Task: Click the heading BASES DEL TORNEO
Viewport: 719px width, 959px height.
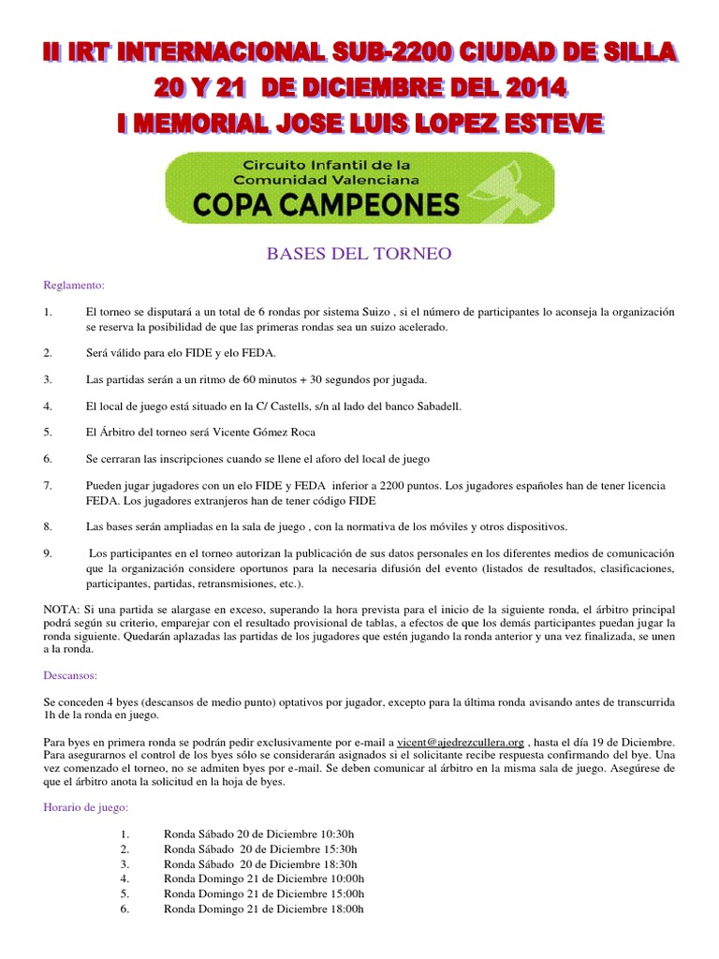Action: [359, 253]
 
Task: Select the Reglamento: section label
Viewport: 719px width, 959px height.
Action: [75, 285]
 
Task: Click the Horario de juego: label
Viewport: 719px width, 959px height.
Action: [86, 806]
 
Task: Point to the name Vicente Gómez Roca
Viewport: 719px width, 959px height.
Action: [267, 432]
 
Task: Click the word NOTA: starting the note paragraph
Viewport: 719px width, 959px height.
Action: [63, 609]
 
